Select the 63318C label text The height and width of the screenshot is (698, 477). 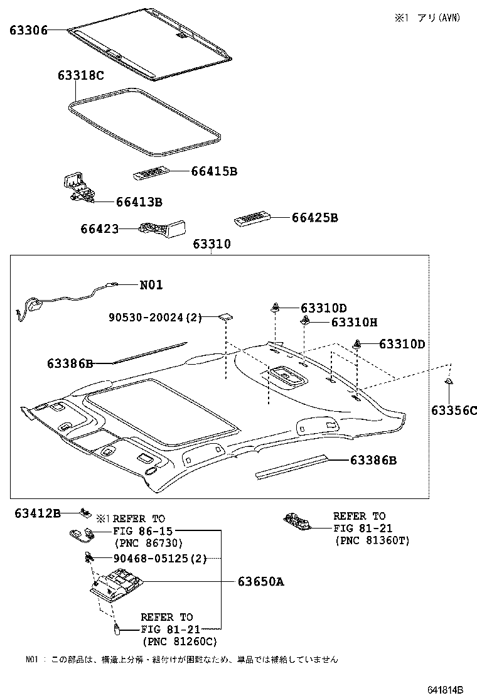[x=80, y=76]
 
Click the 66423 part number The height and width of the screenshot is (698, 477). [x=99, y=229]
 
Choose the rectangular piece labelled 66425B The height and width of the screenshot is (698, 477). [x=252, y=220]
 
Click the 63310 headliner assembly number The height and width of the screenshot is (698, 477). [x=212, y=244]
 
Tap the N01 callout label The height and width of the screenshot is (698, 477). [x=151, y=285]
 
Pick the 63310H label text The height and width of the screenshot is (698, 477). [x=354, y=322]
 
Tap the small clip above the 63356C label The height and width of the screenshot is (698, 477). [x=449, y=382]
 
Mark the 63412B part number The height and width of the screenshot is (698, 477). [x=38, y=513]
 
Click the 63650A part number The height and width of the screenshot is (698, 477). [x=260, y=582]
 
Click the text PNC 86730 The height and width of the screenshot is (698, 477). [x=147, y=542]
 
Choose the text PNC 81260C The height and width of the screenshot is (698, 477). [x=180, y=641]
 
